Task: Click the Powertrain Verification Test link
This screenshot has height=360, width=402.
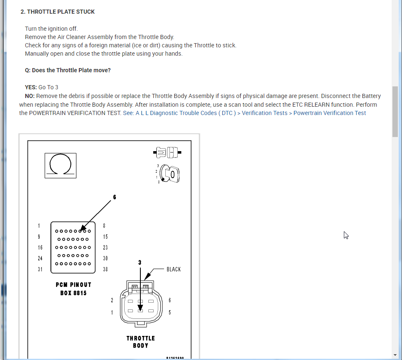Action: tap(330, 113)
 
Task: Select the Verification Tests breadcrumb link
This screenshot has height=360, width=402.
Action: tap(265, 113)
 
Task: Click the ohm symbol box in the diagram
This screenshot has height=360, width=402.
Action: tap(60, 165)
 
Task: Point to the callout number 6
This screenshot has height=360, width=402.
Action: tap(115, 197)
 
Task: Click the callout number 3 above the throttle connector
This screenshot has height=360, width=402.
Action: tap(140, 262)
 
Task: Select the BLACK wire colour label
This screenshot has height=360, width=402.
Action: tap(174, 269)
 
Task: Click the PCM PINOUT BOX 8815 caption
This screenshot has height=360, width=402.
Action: tap(74, 289)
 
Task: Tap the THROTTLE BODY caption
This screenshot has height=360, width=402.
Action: tap(140, 342)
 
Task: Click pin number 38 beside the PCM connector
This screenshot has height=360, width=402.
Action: tap(105, 269)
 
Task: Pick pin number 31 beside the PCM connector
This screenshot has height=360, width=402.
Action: tap(39, 269)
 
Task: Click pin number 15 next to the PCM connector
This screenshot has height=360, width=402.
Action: tap(105, 237)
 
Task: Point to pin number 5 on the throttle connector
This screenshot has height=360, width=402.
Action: tap(169, 312)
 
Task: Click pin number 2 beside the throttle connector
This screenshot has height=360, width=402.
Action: tap(112, 300)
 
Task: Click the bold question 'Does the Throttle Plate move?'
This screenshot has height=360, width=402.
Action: tap(68, 70)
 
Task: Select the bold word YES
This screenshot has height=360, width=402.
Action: tap(31, 87)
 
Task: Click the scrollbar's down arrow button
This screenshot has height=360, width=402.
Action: tap(395, 355)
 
